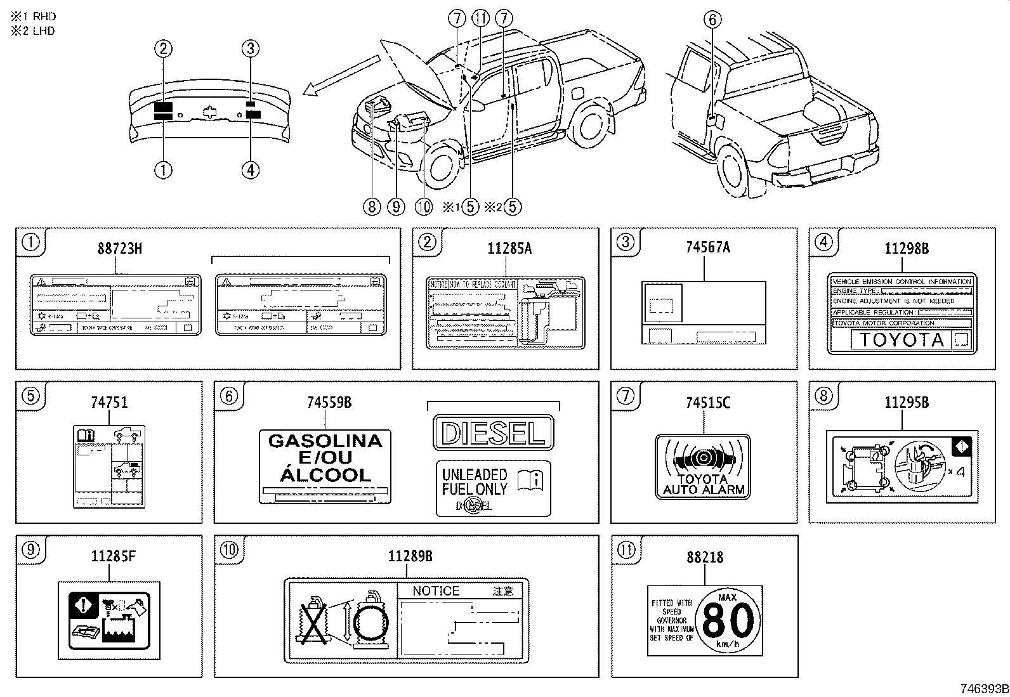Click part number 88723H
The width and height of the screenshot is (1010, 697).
(x=119, y=249)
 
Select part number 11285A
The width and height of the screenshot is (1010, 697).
(x=509, y=249)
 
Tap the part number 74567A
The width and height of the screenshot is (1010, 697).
(x=708, y=247)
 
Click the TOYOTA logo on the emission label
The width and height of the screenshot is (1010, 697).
(x=902, y=340)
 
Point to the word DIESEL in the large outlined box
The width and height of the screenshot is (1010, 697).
(x=493, y=433)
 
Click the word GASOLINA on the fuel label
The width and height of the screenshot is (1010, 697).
(x=325, y=441)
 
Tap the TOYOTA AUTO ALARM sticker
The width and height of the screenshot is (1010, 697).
(x=703, y=466)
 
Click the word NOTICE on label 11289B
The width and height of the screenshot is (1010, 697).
(x=435, y=591)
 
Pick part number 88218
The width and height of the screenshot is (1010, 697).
(x=705, y=557)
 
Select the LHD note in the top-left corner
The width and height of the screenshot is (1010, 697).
(x=32, y=30)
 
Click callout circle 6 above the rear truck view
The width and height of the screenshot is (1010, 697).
(x=712, y=20)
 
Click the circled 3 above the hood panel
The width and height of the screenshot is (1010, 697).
(x=251, y=48)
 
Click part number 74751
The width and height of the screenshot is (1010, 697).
(x=109, y=402)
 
